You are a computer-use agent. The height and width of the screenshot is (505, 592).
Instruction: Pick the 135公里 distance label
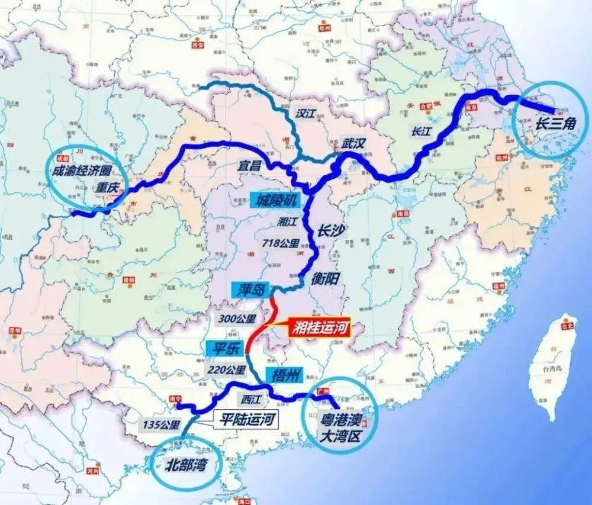(161, 424)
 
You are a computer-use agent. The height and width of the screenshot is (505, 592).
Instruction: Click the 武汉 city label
(355, 143)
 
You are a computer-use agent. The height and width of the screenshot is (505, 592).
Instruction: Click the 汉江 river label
(305, 114)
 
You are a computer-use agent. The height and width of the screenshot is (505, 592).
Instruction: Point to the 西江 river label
(251, 399)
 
